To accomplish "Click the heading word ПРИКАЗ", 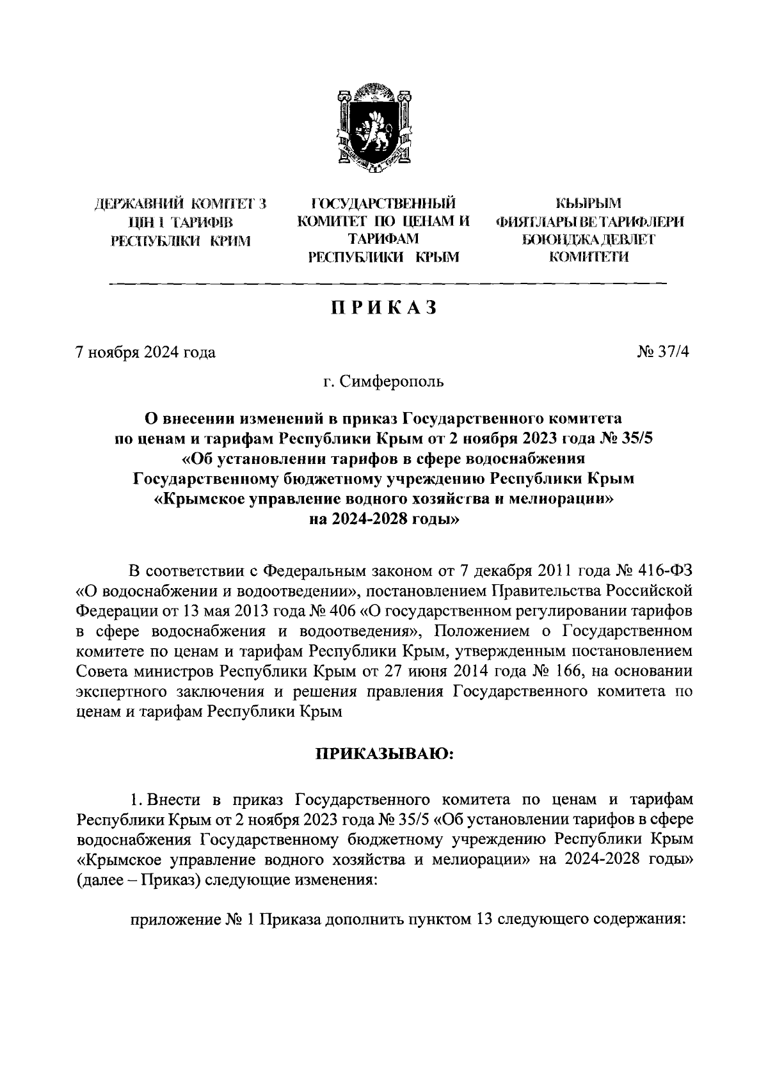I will (383, 308).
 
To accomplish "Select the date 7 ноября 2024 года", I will (145, 353).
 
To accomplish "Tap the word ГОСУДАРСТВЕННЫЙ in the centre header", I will (383, 204).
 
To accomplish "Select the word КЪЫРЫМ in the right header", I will (588, 204).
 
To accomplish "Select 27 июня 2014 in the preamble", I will (431, 671).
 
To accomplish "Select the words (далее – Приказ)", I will (139, 880).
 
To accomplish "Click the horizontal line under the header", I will (388, 283).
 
